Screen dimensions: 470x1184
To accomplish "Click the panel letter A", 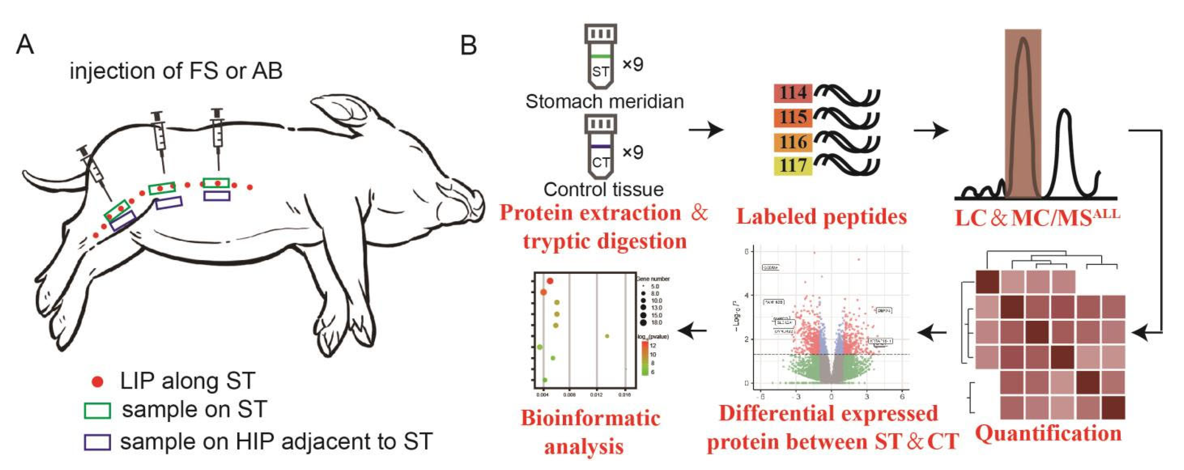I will (x=25, y=45).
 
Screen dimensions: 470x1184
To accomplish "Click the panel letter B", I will (x=468, y=45).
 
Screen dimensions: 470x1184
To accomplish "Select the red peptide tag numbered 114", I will (x=793, y=93).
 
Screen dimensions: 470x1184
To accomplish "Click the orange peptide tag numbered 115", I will (x=793, y=117).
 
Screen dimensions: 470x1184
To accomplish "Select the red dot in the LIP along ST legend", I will (x=97, y=381).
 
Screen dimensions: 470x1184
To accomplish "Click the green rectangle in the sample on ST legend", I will (x=97, y=410).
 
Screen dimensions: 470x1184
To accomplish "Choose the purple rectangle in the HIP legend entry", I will (x=97, y=442).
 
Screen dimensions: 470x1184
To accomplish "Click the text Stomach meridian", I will (x=604, y=101).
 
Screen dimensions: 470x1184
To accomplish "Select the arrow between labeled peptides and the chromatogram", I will (x=931, y=131).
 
